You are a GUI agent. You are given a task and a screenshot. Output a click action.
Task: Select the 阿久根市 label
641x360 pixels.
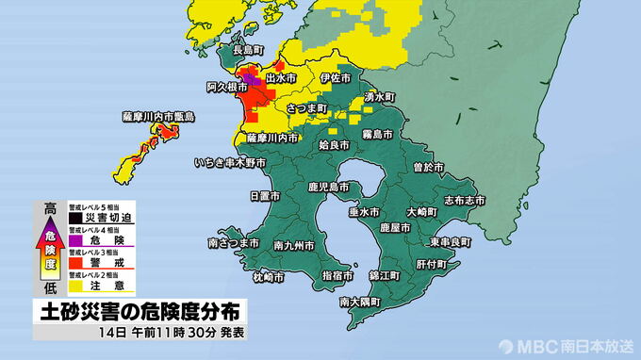coord(224,87)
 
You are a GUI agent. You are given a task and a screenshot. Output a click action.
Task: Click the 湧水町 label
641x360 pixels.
coord(377,97)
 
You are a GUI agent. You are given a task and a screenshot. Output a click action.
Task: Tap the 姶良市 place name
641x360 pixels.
coord(334,146)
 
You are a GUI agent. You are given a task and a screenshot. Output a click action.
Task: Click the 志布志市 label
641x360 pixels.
coord(465,201)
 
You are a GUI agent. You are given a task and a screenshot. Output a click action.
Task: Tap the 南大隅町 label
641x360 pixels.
coord(360,303)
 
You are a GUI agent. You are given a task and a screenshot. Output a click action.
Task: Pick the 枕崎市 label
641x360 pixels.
coord(268,277)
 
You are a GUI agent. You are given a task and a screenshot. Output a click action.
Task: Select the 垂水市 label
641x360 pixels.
coord(364,213)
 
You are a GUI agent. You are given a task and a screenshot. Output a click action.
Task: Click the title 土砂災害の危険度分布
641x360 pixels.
coord(140,310)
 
